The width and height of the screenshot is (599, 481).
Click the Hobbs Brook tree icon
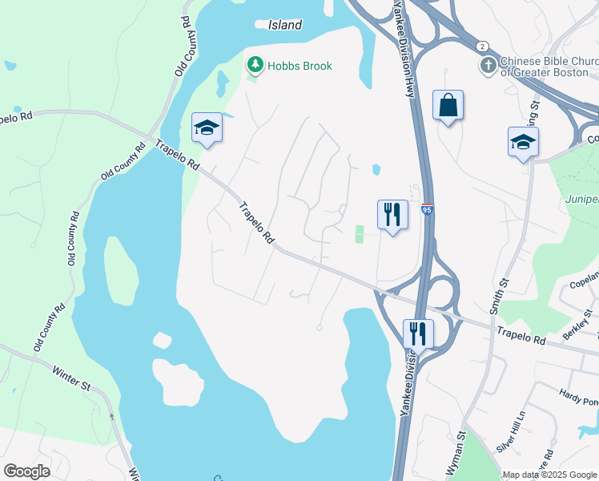click(x=255, y=65)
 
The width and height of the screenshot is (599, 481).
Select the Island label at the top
click(x=285, y=25)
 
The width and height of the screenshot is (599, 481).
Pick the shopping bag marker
click(x=448, y=106)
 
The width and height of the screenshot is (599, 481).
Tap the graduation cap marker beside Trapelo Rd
click(x=207, y=128)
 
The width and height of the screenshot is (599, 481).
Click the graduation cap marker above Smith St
click(x=523, y=143)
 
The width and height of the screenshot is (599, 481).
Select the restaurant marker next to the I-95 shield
click(x=392, y=215)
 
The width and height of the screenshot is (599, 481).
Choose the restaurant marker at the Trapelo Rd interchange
click(x=418, y=333)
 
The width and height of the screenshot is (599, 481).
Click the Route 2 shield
click(x=481, y=46)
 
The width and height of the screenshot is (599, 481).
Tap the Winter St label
click(x=72, y=379)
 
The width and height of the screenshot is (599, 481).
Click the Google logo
click(x=27, y=471)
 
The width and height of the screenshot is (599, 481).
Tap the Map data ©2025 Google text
click(x=549, y=475)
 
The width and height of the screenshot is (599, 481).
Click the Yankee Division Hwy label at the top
click(x=404, y=48)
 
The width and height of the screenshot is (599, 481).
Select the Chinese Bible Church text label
click(x=549, y=67)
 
